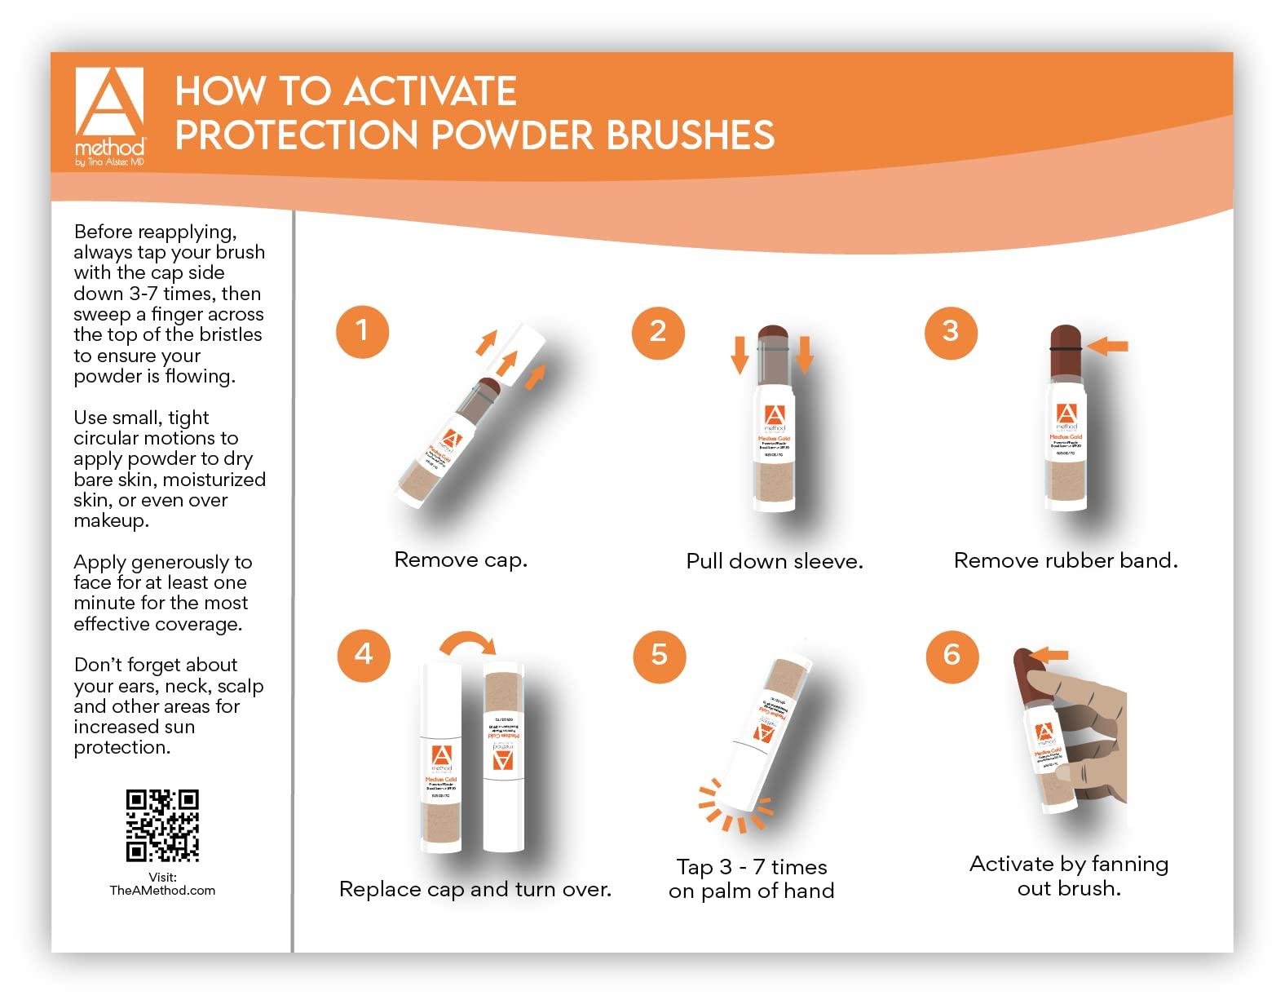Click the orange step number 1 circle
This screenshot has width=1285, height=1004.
[x=362, y=331]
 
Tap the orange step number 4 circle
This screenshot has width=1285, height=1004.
[x=364, y=654]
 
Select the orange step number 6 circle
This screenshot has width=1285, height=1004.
[x=952, y=655]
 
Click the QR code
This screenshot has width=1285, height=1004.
[x=162, y=825]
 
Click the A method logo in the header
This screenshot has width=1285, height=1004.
[x=109, y=114]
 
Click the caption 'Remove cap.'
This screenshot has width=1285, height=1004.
[x=461, y=560]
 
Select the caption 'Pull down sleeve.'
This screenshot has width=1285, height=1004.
[x=774, y=562]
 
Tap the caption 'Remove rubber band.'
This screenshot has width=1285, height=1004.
[x=1065, y=561]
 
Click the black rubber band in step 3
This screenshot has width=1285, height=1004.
[x=1065, y=348]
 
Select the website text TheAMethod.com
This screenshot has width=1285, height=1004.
[x=162, y=891]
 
